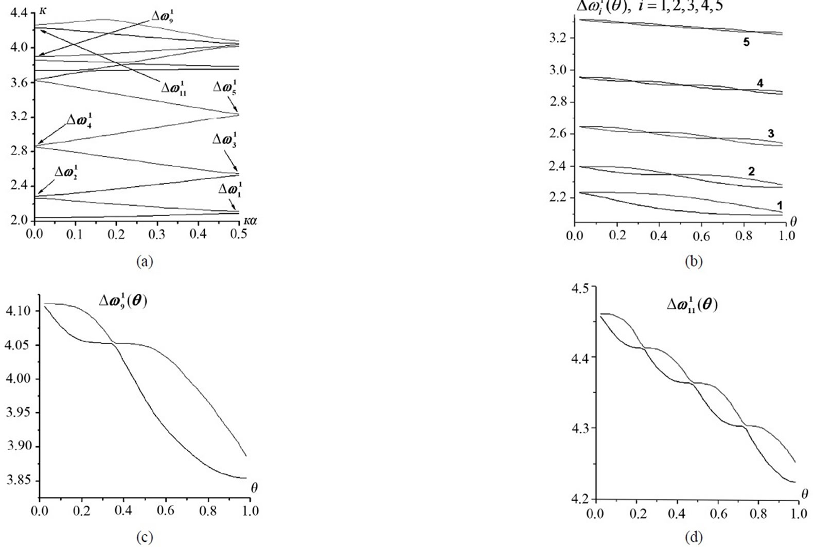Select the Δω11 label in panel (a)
[173, 87]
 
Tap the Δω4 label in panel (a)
[79, 121]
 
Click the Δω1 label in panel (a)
[230, 189]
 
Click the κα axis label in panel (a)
[250, 220]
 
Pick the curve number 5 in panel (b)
[746, 42]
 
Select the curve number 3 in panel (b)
[771, 134]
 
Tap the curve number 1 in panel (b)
[780, 206]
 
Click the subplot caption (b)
[693, 261]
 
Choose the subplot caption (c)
[144, 538]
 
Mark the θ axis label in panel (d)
[805, 494]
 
